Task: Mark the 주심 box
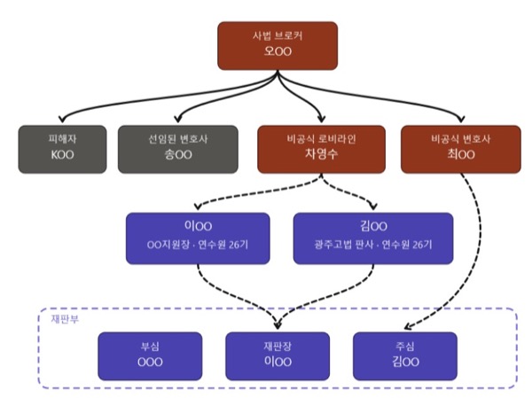click(404, 355)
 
